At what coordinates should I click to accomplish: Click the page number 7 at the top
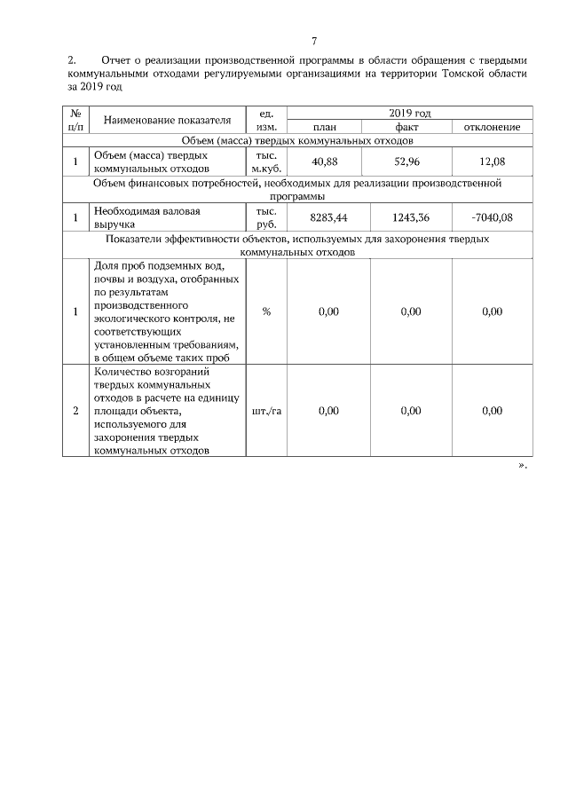pyautogui.click(x=314, y=41)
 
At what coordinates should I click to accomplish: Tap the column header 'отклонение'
pyautogui.click(x=493, y=127)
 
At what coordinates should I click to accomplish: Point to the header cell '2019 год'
pyautogui.click(x=410, y=114)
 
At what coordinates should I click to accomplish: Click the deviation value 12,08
pyautogui.click(x=493, y=161)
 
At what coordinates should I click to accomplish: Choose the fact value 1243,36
pyautogui.click(x=410, y=217)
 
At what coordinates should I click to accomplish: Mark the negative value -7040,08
pyautogui.click(x=493, y=217)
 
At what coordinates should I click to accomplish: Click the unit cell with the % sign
pyautogui.click(x=266, y=311)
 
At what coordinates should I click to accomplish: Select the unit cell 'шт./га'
pyautogui.click(x=266, y=411)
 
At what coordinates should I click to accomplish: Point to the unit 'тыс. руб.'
pyautogui.click(x=266, y=217)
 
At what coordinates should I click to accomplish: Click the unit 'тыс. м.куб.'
pyautogui.click(x=266, y=161)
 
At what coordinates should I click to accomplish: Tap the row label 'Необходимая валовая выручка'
pyautogui.click(x=147, y=217)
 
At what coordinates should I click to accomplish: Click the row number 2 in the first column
pyautogui.click(x=75, y=411)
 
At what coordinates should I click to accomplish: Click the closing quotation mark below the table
pyautogui.click(x=522, y=465)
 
